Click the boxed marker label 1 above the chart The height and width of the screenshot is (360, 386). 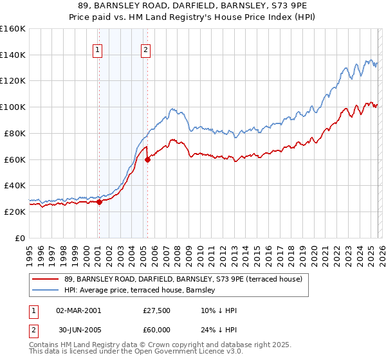tap(98, 50)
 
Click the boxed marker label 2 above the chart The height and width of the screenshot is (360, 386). tap(146, 50)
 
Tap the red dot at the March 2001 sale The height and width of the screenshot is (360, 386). tap(99, 202)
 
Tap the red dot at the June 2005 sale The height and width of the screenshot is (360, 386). tap(147, 159)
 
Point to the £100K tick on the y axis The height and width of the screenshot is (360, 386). tap(12, 107)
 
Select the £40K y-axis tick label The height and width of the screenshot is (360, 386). tap(14, 185)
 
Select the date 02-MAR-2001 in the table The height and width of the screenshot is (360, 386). tap(78, 310)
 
